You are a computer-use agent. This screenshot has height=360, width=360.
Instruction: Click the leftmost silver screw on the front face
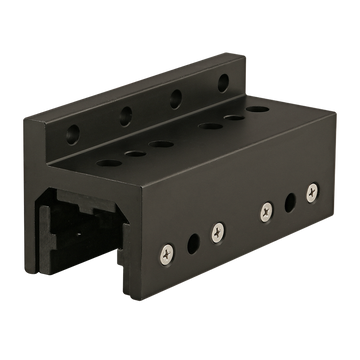tap(167, 246)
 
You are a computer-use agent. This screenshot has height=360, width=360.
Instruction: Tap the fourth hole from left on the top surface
tap(211, 127)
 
